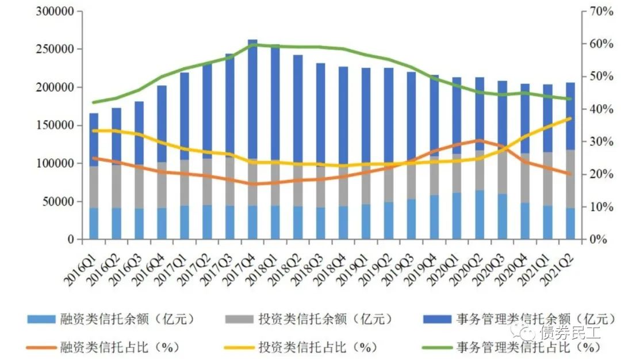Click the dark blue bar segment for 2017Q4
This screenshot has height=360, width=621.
pyautogui.click(x=252, y=98)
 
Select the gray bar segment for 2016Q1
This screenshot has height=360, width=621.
pyautogui.click(x=94, y=187)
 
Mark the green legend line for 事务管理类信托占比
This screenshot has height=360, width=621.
pyautogui.click(x=436, y=347)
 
